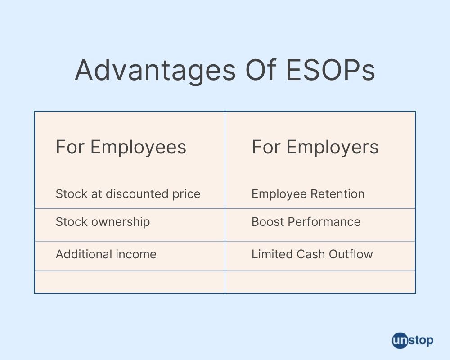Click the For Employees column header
[x=121, y=147]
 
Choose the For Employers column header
[x=315, y=147]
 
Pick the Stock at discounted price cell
[x=128, y=194]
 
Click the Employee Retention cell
[x=308, y=194]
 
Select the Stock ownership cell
[x=103, y=222]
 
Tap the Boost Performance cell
[x=306, y=222]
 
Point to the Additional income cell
[x=106, y=254]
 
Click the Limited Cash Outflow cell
[x=312, y=254]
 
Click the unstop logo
[x=412, y=340]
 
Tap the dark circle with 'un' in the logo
[x=399, y=340]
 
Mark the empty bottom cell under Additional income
[x=130, y=282]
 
